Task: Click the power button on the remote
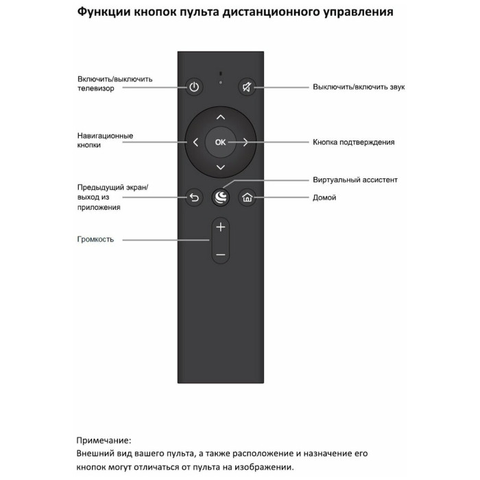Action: (x=194, y=87)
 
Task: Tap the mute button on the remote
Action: (x=246, y=87)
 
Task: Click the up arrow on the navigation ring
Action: (x=220, y=117)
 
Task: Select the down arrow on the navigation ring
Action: (x=220, y=167)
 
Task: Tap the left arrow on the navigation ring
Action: (x=195, y=143)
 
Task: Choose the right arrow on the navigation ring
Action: (x=245, y=143)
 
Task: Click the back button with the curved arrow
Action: (x=194, y=198)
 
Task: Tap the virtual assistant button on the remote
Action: (x=220, y=198)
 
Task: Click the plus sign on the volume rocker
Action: (x=220, y=226)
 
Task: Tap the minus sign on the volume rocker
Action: (x=220, y=254)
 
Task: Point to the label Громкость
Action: (x=95, y=239)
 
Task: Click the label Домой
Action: (x=324, y=197)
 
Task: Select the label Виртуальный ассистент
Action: (x=355, y=180)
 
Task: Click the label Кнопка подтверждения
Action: (x=353, y=142)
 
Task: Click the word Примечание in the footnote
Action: (x=104, y=440)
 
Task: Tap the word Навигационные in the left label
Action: (x=105, y=136)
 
